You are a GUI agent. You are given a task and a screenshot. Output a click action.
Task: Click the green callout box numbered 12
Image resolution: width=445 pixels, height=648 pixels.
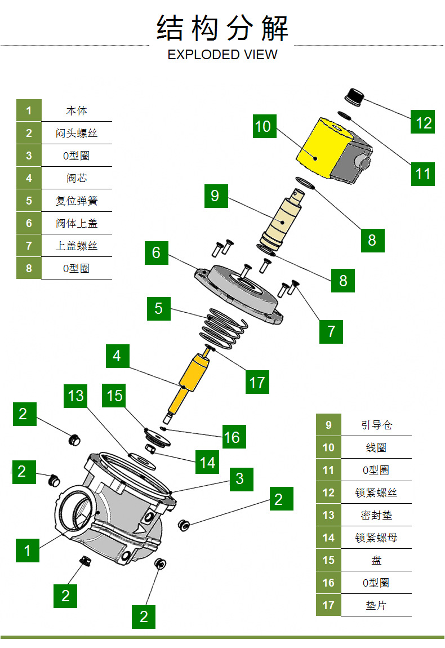pyautogui.click(x=424, y=122)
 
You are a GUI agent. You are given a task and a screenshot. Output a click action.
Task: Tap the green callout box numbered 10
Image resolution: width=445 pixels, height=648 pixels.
pyautogui.click(x=262, y=126)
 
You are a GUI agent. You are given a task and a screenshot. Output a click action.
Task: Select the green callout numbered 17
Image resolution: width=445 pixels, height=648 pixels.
pyautogui.click(x=257, y=383)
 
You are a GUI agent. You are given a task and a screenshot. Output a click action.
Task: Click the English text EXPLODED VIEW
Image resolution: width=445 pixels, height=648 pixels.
pyautogui.click(x=222, y=55)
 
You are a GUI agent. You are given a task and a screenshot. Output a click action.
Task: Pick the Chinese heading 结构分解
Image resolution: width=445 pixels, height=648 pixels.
pyautogui.click(x=222, y=28)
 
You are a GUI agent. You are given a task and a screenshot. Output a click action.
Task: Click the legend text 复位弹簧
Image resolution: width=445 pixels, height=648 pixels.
pyautogui.click(x=77, y=201)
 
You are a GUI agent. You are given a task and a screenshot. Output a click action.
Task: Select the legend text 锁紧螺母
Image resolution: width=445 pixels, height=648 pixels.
pyautogui.click(x=376, y=538)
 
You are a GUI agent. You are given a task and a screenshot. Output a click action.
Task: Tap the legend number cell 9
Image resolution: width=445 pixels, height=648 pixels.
pyautogui.click(x=328, y=425)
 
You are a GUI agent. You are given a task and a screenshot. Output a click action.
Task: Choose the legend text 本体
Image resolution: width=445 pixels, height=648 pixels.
pyautogui.click(x=77, y=110)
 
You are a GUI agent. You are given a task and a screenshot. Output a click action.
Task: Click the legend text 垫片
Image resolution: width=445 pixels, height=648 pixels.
pyautogui.click(x=376, y=605)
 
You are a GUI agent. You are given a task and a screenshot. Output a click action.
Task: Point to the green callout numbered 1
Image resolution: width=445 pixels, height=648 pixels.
pyautogui.click(x=27, y=550)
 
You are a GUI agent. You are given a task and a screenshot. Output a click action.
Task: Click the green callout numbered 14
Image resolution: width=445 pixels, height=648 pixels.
pyautogui.click(x=207, y=462)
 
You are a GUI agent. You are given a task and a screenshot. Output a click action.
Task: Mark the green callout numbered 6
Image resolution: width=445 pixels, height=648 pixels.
pyautogui.click(x=156, y=252)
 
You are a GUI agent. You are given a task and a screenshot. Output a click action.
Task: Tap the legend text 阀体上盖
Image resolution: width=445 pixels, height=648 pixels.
pyautogui.click(x=77, y=223)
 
